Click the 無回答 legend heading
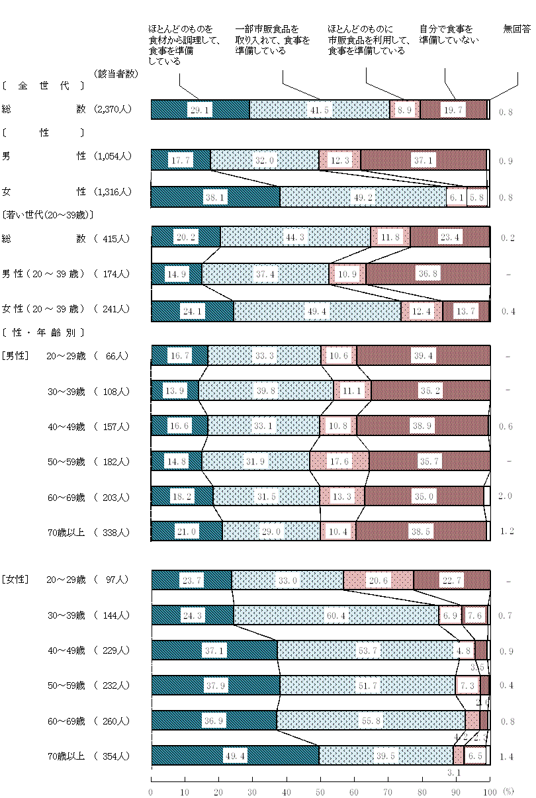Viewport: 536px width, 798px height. pyautogui.click(x=516, y=29)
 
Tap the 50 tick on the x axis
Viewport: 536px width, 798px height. pyautogui.click(x=320, y=791)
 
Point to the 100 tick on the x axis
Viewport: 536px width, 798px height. pyautogui.click(x=489, y=791)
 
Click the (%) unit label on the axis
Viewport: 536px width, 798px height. pyautogui.click(x=508, y=791)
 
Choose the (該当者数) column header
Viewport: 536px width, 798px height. pyautogui.click(x=116, y=73)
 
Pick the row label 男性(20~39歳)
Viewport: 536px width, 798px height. pyautogui.click(x=43, y=273)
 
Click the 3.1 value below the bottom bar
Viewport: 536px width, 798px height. pyautogui.click(x=454, y=772)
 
